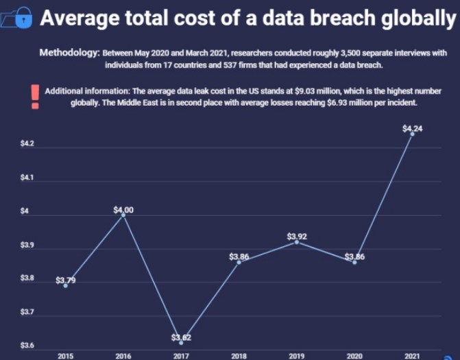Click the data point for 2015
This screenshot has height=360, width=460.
click(65, 285)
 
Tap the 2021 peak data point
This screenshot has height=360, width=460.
click(412, 134)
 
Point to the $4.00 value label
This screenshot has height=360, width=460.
click(123, 210)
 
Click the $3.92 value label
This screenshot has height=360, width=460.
click(296, 237)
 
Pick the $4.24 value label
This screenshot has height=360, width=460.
click(412, 128)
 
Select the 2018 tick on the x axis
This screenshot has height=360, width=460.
click(239, 356)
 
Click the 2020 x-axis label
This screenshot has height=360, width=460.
click(354, 356)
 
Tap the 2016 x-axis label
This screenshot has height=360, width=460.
click(123, 356)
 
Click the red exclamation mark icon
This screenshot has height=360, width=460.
click(34, 95)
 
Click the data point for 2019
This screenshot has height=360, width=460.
click(296, 242)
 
